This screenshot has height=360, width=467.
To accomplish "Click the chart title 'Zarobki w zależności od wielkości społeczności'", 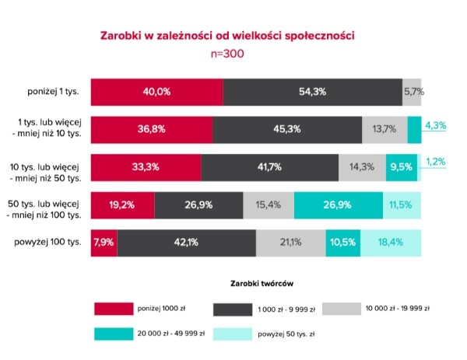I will coord(228,36).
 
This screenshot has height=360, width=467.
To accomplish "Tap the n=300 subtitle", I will coord(228,54).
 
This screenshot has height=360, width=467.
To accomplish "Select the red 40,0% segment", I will coord(156,92).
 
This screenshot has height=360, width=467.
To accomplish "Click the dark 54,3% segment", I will coord(312,92).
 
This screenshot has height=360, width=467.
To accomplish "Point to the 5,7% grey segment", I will coord(412,92).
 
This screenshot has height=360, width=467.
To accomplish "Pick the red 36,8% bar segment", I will coord(151,128).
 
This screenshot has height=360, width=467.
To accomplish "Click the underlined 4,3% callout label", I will coord(435,124).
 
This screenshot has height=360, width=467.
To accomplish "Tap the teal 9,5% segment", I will coord(401,166).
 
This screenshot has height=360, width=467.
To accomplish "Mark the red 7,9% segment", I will coord(103,242).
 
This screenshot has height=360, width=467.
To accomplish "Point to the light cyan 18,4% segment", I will coord(390,242).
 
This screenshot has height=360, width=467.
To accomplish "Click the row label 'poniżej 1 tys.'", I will coord(55,92).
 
